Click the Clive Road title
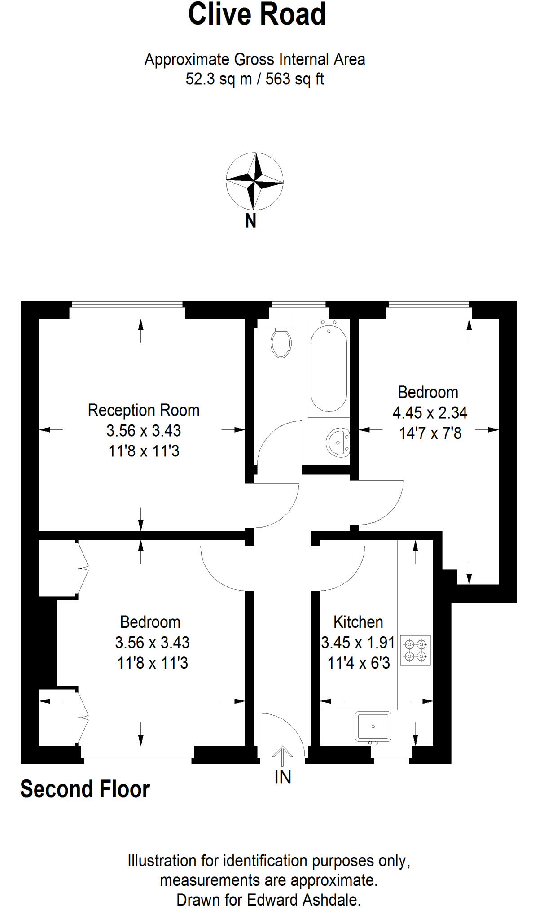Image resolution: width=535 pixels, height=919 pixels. [x=257, y=14]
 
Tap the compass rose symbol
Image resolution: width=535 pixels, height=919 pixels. [x=254, y=181]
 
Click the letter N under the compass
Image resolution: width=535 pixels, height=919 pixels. [x=250, y=221]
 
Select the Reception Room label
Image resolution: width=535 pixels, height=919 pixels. [x=144, y=410]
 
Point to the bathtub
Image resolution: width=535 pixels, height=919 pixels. [x=329, y=368]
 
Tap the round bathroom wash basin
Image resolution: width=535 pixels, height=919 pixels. [x=338, y=442]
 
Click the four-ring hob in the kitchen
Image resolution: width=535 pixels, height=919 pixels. [x=415, y=650]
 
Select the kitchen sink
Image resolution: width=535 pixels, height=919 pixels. [x=373, y=726]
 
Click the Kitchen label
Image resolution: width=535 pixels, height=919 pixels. [x=358, y=622]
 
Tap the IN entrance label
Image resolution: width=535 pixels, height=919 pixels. [x=283, y=777]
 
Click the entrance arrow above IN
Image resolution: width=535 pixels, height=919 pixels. [x=282, y=756]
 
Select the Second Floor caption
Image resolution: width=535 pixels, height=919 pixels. [x=85, y=789]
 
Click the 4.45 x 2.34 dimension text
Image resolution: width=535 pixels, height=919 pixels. [x=430, y=413]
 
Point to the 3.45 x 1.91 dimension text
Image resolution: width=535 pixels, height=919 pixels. [x=358, y=643]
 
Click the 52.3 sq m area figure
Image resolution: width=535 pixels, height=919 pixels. [x=219, y=79]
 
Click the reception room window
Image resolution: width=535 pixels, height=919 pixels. [x=127, y=310]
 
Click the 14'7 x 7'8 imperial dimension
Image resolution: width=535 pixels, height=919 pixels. [x=430, y=433]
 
